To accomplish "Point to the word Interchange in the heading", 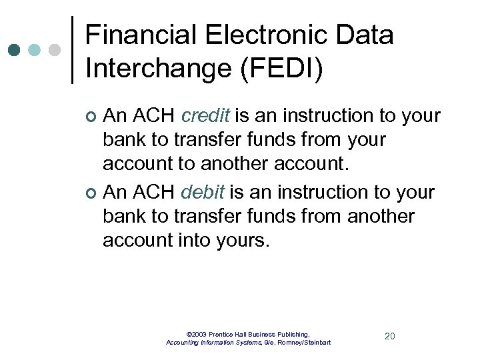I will click(x=159, y=69).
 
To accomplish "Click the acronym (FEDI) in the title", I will click(x=281, y=69).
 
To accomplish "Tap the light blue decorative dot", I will click(x=35, y=50).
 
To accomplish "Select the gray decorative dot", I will click(x=55, y=50).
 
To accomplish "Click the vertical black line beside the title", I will click(x=72, y=50).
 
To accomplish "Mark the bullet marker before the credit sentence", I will click(x=92, y=117).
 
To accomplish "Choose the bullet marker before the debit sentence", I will click(x=92, y=194).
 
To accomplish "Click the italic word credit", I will click(x=205, y=116).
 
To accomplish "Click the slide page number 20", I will click(x=390, y=336).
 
